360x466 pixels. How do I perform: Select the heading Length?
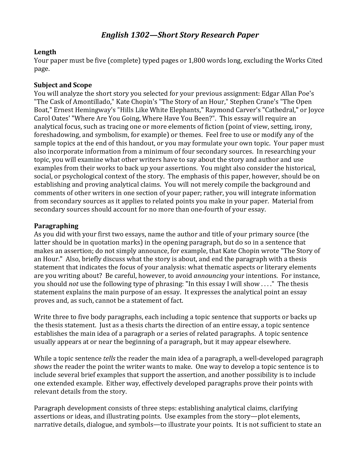point(45,52)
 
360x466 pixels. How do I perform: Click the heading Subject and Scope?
point(63,85)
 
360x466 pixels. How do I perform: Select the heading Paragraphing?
point(56,226)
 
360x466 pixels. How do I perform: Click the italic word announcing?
point(211,276)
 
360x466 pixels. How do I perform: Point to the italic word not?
point(73,284)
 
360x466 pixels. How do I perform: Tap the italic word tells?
point(109,359)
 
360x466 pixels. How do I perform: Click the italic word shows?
point(43,367)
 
